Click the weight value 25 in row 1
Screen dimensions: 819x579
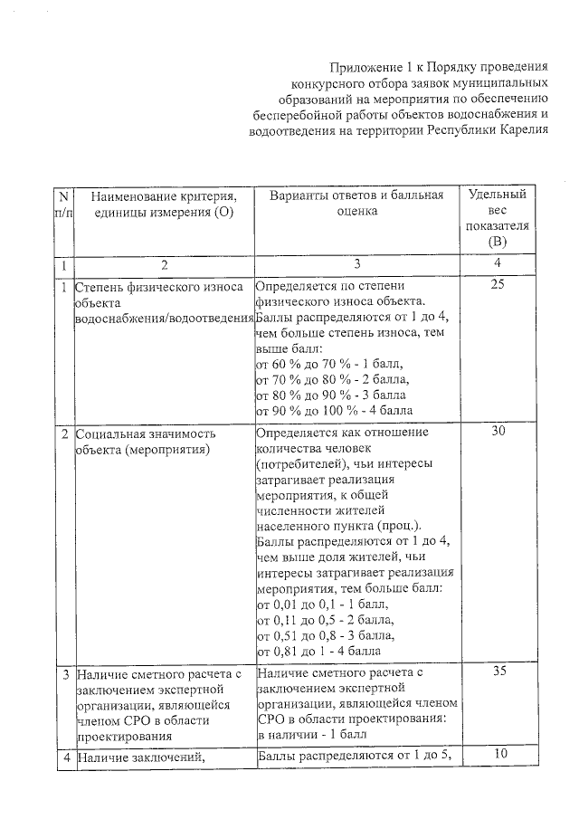click(x=496, y=287)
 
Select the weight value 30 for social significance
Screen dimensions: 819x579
click(x=498, y=432)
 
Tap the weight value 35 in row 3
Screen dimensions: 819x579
click(x=498, y=672)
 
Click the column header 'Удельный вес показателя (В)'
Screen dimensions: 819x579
click(x=498, y=218)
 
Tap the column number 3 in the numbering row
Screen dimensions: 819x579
click(x=356, y=265)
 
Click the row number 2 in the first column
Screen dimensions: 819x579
click(x=64, y=433)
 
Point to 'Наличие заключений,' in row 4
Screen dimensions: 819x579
click(x=138, y=757)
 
